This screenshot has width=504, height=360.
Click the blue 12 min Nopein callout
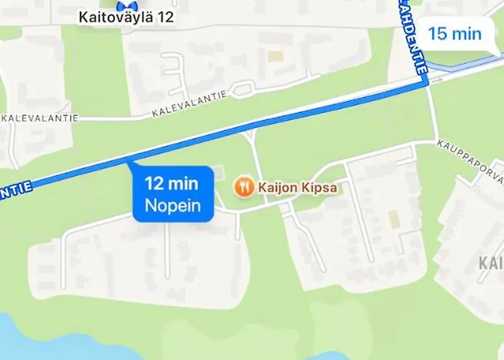174,195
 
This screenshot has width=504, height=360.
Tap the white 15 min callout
455,33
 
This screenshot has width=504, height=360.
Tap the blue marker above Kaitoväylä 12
127,4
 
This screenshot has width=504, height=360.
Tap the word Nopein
174,206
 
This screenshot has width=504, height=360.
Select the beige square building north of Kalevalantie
276,55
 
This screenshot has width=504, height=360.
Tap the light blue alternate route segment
461,68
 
